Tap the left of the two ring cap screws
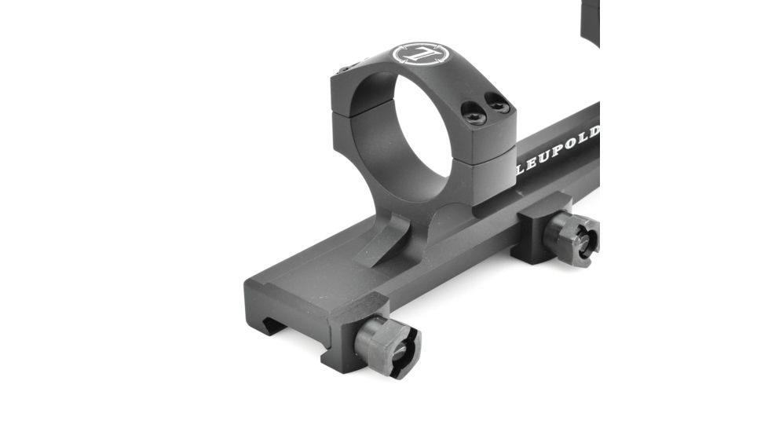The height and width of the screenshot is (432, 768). click(474, 115)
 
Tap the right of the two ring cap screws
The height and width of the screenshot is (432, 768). click(498, 103)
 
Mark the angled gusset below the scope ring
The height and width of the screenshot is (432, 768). click(389, 239)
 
